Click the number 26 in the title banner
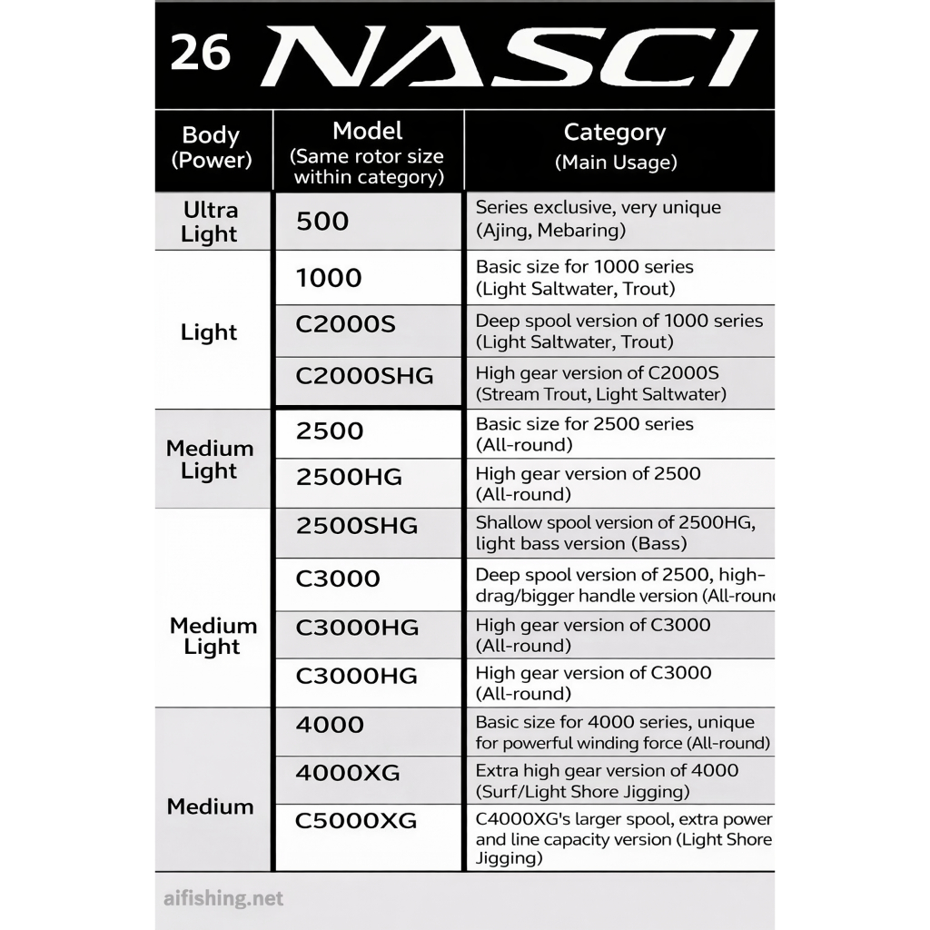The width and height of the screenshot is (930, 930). coord(200,54)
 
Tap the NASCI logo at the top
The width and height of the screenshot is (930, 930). coord(509,56)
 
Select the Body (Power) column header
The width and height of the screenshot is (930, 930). coord(211,147)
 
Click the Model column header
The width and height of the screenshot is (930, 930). coord(368,153)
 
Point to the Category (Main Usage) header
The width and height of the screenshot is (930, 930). coord(615,146)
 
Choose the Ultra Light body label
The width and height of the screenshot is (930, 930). coord(210,222)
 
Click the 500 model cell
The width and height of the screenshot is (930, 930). coord(322,221)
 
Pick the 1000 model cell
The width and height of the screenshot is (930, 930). coord(329,278)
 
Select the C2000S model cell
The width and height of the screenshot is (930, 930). coord(345,325)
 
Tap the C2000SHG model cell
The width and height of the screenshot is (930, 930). coord(364,375)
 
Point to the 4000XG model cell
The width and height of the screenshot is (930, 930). coord(348,773)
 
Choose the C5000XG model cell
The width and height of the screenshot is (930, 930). coord(356,821)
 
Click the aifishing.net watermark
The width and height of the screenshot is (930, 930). coord(223,899)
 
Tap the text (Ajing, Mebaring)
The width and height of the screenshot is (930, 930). coord(550,230)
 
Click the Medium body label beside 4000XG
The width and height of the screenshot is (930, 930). coord(211,806)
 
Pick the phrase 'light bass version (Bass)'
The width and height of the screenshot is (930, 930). coord(580,544)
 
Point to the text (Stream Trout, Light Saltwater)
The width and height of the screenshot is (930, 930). coord(600,394)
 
